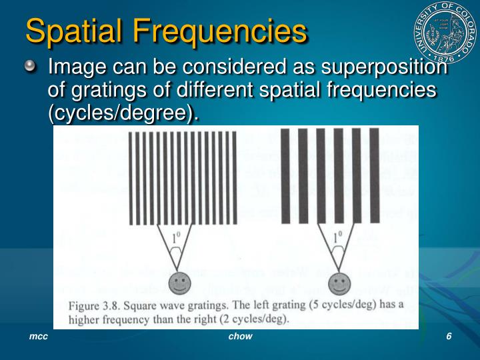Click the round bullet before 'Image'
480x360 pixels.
point(33,67)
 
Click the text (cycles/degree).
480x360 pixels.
point(123,113)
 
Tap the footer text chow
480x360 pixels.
point(240,337)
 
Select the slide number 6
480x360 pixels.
point(449,337)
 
